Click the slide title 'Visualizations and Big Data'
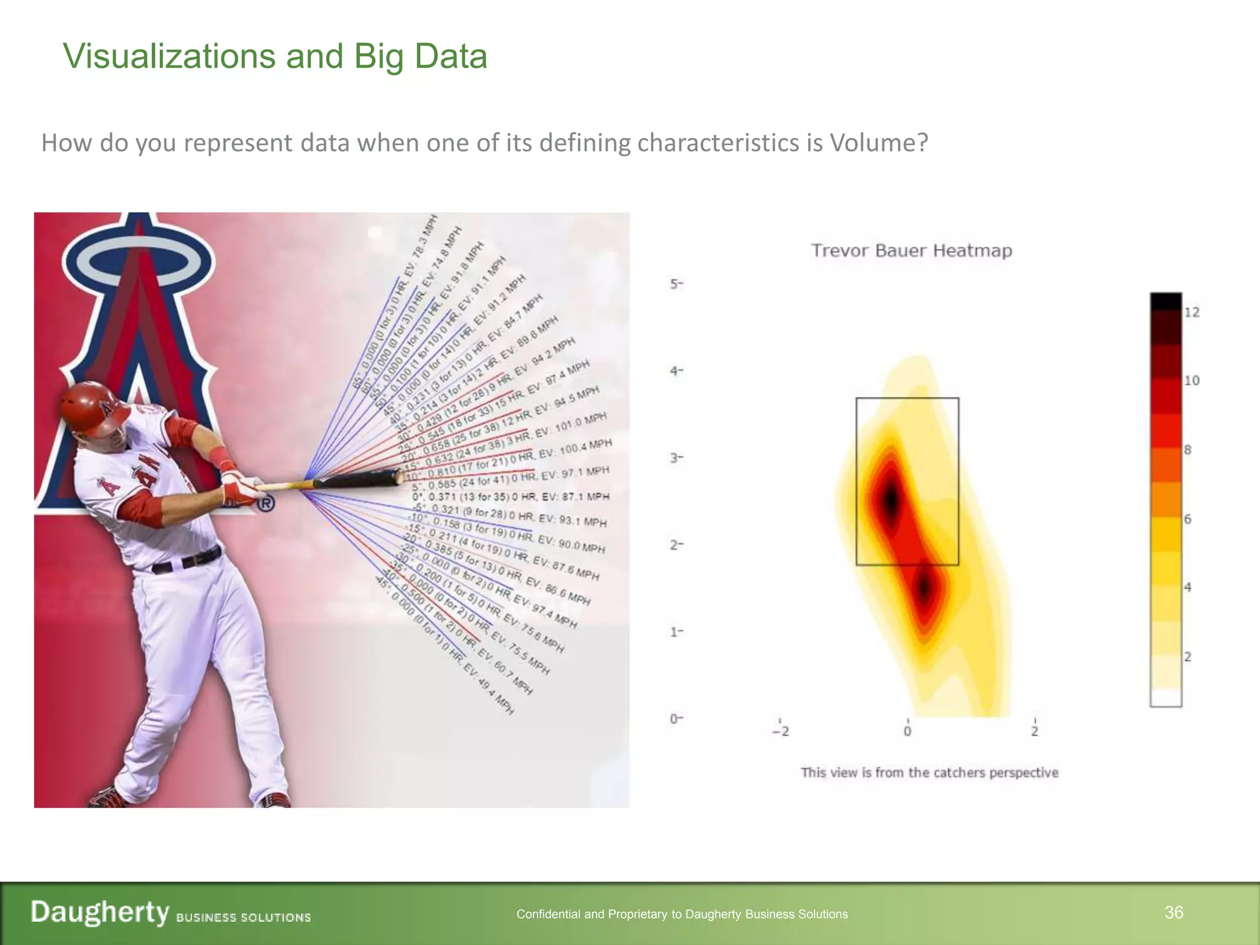pos(275,57)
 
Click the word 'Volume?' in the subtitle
pos(878,143)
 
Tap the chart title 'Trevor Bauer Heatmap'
pos(911,251)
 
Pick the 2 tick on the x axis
pos(1035,731)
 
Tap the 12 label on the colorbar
pos(1192,313)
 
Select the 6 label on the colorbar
pos(1188,519)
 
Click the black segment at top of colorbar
pos(1166,301)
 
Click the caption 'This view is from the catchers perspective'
pos(929,773)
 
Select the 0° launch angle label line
pos(511,496)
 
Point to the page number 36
pos(1174,912)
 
